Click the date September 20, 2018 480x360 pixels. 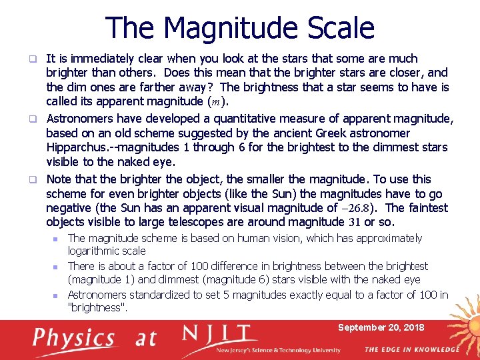pos(381,327)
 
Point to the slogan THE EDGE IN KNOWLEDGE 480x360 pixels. pos(411,349)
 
